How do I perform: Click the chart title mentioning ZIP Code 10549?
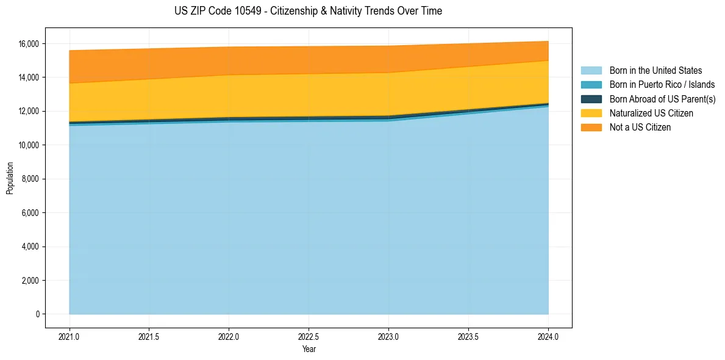(x=308, y=11)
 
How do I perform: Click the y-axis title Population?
(x=10, y=178)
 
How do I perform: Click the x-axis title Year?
(x=309, y=349)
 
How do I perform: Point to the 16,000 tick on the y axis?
(x=29, y=44)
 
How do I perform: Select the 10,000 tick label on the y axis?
(x=29, y=145)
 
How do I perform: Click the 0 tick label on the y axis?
(x=37, y=314)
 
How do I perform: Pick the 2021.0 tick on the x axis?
(x=70, y=336)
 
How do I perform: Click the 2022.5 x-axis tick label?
(x=309, y=336)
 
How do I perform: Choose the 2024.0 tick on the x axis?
(x=548, y=336)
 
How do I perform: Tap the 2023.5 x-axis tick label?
(x=468, y=336)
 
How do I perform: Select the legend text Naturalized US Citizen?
(x=651, y=113)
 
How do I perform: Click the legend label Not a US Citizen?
(x=640, y=128)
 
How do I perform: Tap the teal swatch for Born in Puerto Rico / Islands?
(x=591, y=85)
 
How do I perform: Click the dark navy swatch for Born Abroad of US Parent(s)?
(x=591, y=99)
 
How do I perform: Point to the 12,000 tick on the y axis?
(x=29, y=112)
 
